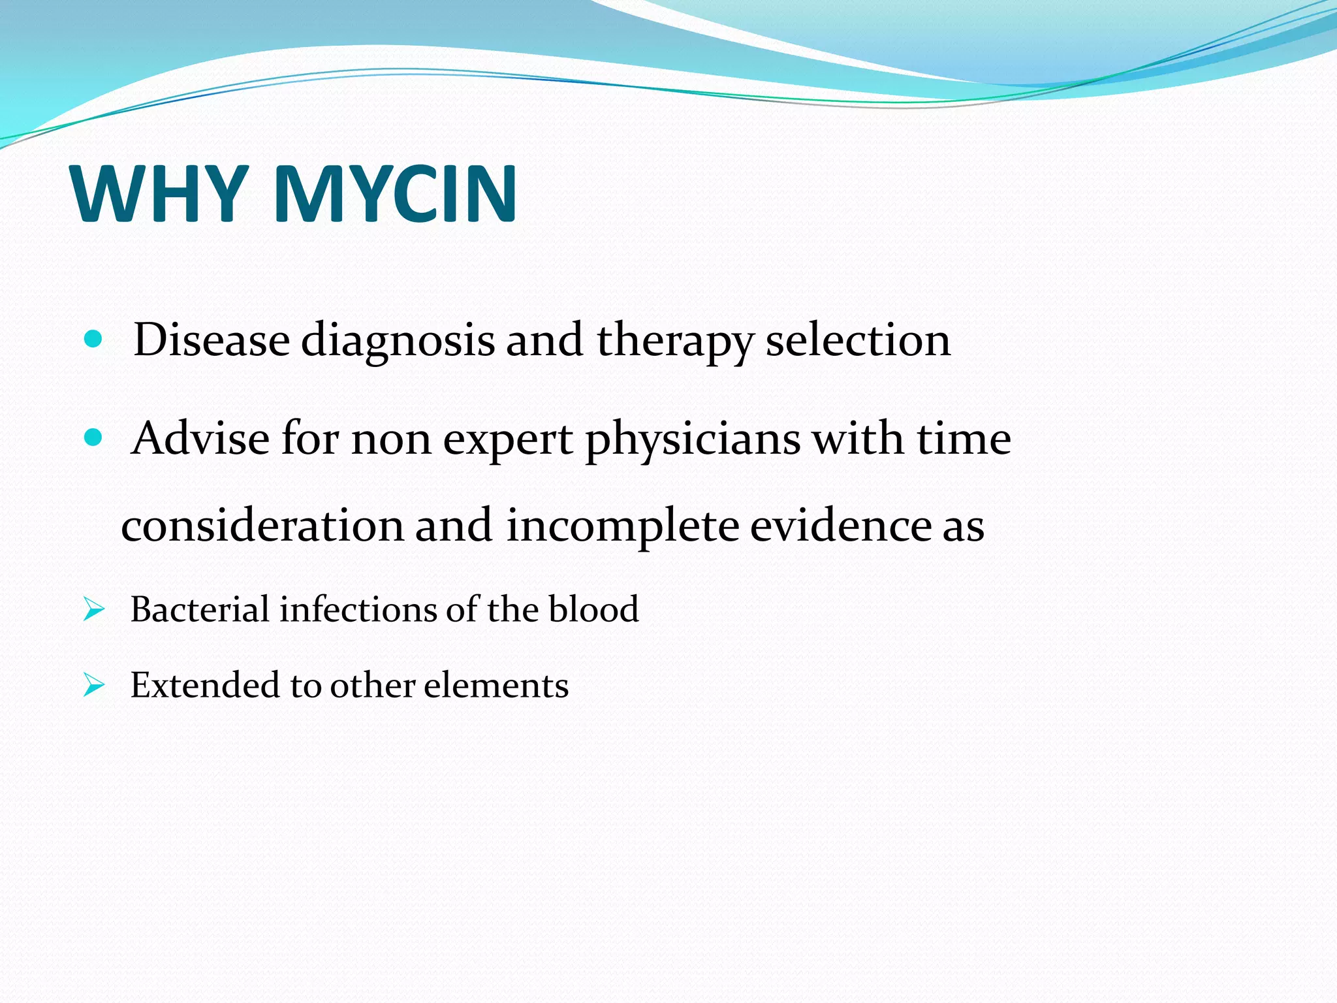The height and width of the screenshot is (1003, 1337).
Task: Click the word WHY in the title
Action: pos(160,194)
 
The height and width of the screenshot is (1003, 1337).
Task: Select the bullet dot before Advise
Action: pos(93,438)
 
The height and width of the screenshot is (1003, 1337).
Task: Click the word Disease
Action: pos(212,340)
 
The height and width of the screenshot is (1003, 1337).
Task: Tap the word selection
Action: pos(858,340)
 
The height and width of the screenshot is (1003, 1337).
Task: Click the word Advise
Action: pos(200,438)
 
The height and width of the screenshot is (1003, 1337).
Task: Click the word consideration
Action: pos(262,526)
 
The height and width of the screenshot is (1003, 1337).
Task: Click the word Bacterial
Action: pos(200,610)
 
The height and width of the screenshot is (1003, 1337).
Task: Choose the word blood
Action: pos(593,610)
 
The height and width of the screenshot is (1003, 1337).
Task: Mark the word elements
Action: pos(496,686)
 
